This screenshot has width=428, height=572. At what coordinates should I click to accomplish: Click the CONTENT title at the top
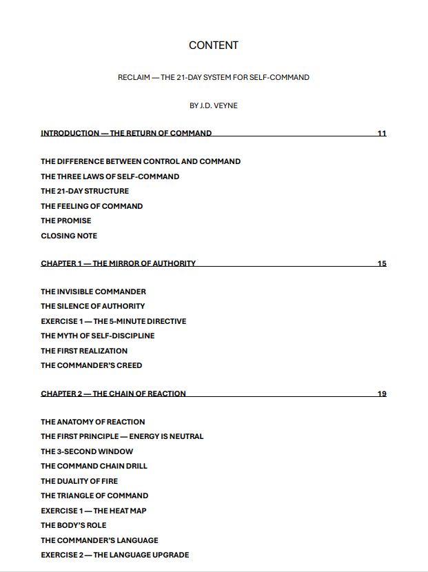tap(214, 45)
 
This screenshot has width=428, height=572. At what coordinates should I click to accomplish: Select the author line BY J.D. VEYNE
tap(214, 105)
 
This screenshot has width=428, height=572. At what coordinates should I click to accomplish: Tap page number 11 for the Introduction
tap(382, 133)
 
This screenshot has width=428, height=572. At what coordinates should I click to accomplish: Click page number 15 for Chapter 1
tap(382, 263)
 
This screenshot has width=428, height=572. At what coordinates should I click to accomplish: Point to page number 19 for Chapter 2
tap(382, 394)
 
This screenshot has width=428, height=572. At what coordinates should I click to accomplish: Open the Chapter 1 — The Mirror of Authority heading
tap(118, 263)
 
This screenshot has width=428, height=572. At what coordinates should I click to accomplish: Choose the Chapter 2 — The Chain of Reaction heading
tap(113, 394)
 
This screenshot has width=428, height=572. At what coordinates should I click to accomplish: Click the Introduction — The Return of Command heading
tap(126, 133)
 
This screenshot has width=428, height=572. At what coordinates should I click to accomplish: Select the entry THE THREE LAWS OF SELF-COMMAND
tap(110, 176)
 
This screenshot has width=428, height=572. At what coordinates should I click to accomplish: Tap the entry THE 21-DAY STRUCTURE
tap(85, 191)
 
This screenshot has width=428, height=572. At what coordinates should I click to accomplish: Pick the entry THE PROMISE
tap(65, 221)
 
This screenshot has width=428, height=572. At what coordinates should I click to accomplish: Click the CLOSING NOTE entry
tap(69, 236)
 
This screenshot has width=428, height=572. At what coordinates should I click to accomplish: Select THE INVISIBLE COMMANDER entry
tap(93, 292)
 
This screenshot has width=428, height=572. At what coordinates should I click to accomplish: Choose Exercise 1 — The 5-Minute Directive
tap(113, 321)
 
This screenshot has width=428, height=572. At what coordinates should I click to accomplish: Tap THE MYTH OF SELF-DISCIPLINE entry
tap(97, 336)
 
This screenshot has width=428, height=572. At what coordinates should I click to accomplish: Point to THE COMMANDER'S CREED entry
tap(91, 365)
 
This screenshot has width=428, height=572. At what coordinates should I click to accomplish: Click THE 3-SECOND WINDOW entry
tap(87, 451)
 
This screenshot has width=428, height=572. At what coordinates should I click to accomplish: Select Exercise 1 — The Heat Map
tap(93, 511)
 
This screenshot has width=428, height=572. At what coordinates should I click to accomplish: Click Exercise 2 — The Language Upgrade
tap(114, 555)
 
